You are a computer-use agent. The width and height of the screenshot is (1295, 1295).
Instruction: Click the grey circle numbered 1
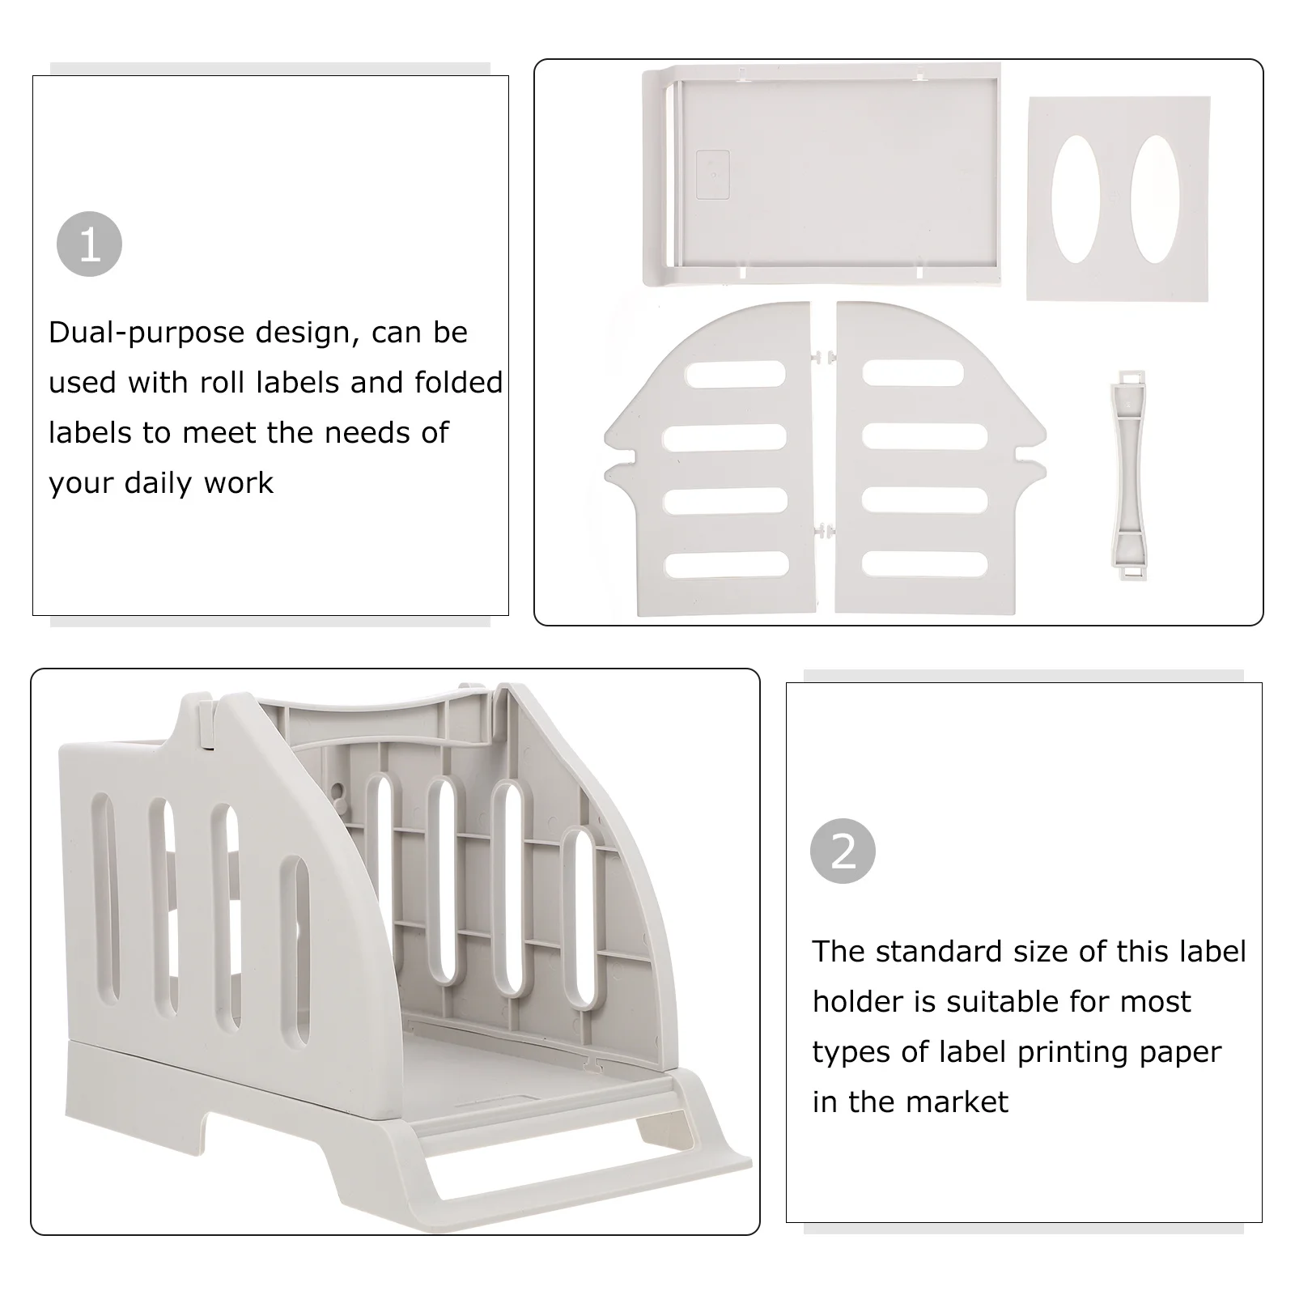click(x=89, y=244)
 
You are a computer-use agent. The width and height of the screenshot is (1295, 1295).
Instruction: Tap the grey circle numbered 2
click(x=843, y=851)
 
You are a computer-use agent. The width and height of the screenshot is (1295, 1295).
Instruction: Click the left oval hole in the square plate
click(x=1076, y=198)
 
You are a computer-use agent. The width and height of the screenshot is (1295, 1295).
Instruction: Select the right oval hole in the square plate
click(x=1155, y=198)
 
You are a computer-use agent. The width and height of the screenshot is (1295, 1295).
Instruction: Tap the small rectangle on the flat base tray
click(x=712, y=175)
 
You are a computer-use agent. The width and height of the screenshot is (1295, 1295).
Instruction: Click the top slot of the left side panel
click(x=735, y=373)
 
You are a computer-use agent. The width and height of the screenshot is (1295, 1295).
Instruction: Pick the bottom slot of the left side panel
click(x=726, y=564)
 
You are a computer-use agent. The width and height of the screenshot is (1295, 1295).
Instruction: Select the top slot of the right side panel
click(x=913, y=373)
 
